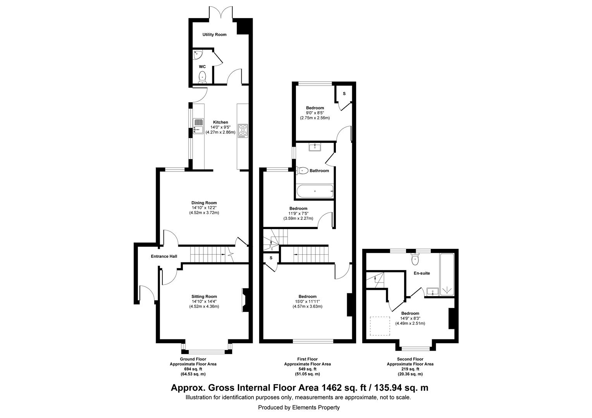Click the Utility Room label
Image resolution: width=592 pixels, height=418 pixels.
click(214, 34)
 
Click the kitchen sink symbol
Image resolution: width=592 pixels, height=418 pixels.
click(198, 125)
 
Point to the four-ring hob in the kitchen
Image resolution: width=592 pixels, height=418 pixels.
click(243, 130)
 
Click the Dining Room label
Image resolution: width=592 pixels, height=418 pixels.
click(204, 203)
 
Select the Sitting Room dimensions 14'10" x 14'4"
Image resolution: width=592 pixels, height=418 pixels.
click(204, 302)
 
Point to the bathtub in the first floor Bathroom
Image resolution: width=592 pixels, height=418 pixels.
click(314, 191)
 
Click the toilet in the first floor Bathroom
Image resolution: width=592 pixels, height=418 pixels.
click(302, 170)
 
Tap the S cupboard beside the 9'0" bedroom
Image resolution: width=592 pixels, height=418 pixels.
click(344, 94)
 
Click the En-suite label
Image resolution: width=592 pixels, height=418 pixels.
click(422, 273)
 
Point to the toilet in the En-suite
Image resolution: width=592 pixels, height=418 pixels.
click(416, 259)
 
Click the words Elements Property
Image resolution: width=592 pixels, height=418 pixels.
click(315, 407)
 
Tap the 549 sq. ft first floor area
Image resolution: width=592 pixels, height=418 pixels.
click(307, 369)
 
